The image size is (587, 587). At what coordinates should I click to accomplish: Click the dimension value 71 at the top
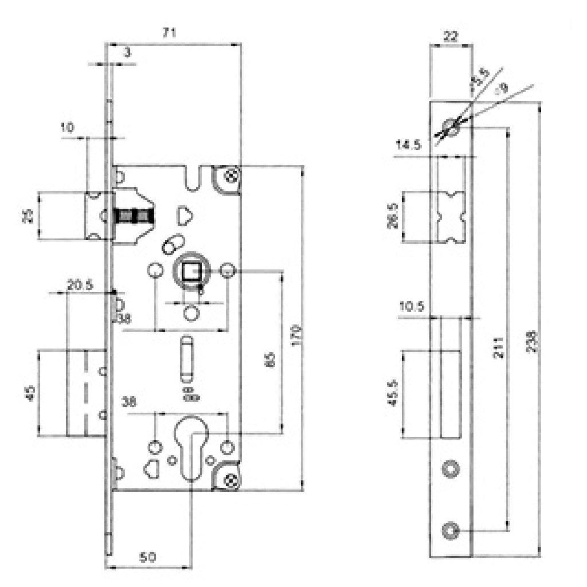pyautogui.click(x=168, y=33)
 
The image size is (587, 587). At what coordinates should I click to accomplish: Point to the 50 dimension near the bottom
pyautogui.click(x=148, y=557)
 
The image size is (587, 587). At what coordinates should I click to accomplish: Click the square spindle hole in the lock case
pyautogui.click(x=190, y=271)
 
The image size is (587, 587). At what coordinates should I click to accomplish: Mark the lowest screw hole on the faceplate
pyautogui.click(x=451, y=530)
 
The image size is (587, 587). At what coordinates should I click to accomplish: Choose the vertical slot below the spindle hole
pyautogui.click(x=186, y=358)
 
